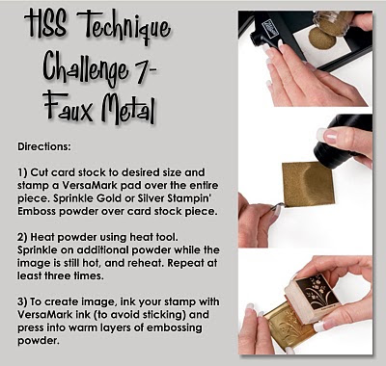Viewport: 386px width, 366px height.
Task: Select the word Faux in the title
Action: tap(69, 106)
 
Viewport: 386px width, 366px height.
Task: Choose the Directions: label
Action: tap(44, 147)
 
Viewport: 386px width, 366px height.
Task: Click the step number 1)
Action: tap(22, 172)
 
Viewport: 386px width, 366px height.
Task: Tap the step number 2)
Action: tap(22, 238)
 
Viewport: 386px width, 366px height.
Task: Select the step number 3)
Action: tap(22, 302)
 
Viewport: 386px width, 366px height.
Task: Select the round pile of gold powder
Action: tap(322, 39)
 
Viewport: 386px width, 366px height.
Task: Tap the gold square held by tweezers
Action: tap(308, 184)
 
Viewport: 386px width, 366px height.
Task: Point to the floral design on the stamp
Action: tap(317, 291)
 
